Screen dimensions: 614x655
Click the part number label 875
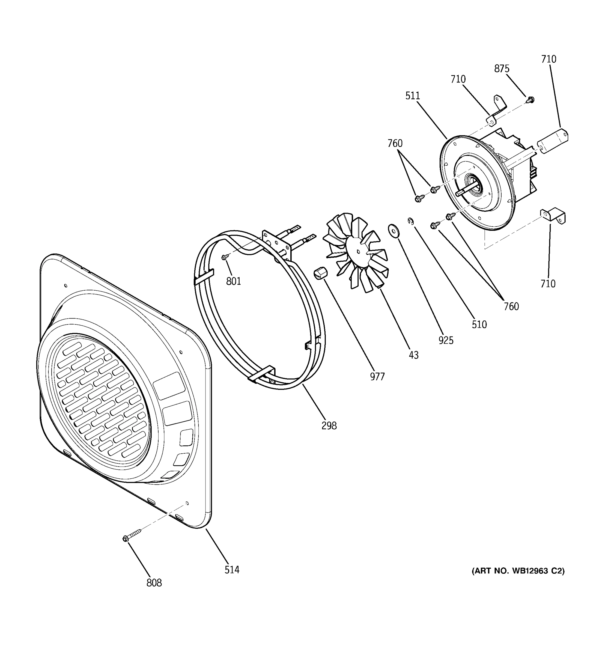[x=501, y=69]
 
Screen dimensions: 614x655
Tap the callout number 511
[x=412, y=96]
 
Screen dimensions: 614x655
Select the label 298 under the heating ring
[x=329, y=426]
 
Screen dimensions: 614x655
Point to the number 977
[x=377, y=377]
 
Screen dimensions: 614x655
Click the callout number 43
[x=413, y=355]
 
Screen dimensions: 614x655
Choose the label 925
[x=446, y=340]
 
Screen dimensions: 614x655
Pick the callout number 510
[x=479, y=325]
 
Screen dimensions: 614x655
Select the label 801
[x=233, y=281]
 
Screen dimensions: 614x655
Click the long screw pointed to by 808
[x=132, y=536]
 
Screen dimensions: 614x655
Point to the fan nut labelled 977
[x=320, y=273]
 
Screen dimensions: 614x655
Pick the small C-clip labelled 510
[x=410, y=221]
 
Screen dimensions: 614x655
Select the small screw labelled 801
[x=225, y=257]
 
